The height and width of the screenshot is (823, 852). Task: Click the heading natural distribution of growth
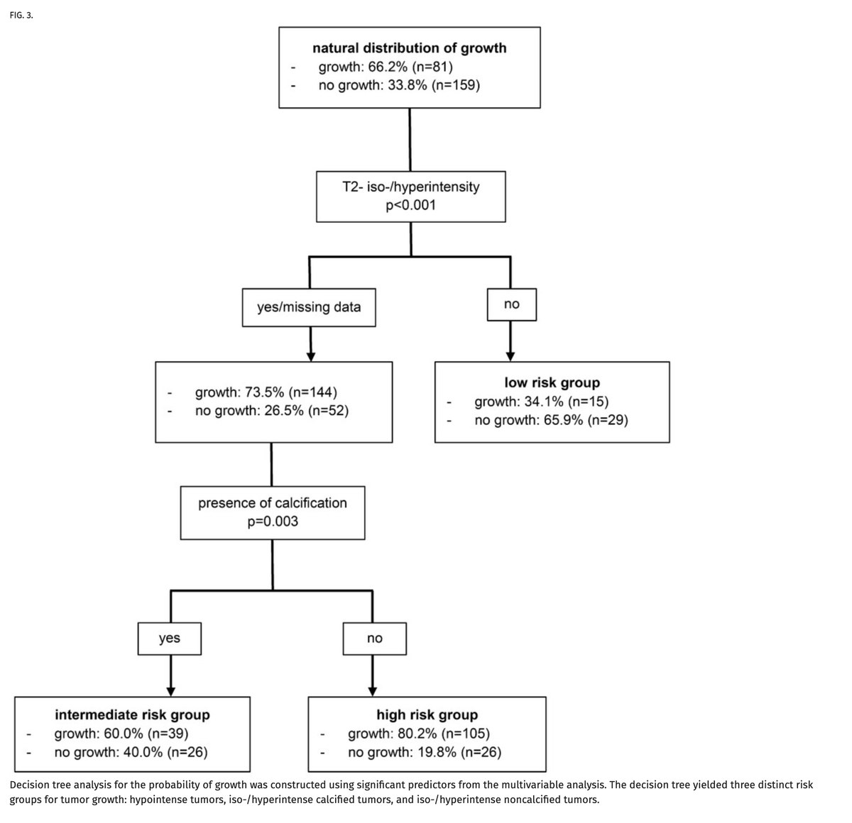[410, 48]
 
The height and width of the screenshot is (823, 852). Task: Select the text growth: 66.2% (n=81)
[386, 67]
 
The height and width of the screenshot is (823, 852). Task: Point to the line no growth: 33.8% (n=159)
[399, 85]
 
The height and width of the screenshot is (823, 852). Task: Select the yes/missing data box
[309, 307]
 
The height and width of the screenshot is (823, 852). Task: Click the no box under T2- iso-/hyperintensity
[511, 304]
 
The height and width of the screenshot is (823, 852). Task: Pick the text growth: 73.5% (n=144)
[266, 392]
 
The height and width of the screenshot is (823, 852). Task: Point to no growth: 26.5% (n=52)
[272, 411]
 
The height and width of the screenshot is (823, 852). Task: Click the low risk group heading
[552, 382]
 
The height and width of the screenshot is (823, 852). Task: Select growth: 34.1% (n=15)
[541, 402]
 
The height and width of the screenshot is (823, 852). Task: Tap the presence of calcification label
[273, 503]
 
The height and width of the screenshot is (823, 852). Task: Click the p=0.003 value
[273, 521]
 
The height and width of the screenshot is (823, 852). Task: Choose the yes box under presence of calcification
[169, 638]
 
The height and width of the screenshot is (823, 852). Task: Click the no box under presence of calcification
[375, 639]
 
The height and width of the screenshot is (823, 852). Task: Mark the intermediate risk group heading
[132, 714]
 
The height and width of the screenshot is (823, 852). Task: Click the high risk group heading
[427, 714]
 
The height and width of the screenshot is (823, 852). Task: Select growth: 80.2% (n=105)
[418, 734]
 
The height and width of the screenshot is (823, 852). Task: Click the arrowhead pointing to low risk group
[510, 356]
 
